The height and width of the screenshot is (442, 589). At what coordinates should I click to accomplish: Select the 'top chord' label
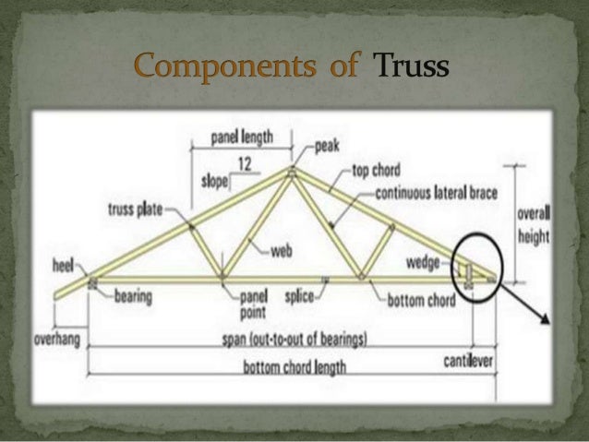point(378,173)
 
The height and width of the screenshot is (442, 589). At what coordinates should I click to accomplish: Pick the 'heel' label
point(63,265)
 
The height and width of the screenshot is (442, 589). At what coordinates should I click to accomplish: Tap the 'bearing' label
point(133,296)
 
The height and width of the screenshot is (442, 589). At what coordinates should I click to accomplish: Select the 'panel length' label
point(242,137)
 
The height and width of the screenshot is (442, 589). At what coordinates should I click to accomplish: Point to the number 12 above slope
point(246,164)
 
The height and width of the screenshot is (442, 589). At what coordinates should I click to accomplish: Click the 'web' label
point(282,250)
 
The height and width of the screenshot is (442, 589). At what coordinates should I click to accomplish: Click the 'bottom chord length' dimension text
point(294,367)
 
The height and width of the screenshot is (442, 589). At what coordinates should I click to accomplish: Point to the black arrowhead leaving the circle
point(545,321)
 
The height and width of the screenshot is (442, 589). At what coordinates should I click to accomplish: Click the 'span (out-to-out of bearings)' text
point(294,339)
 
